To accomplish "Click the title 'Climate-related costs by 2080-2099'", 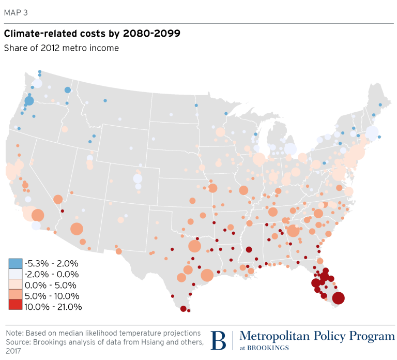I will tap(92, 34).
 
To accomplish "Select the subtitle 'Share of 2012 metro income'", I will tap(62, 48).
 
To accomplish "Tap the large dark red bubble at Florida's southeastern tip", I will tap(338, 298).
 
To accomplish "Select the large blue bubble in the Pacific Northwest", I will tap(29, 101).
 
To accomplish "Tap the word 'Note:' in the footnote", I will tap(14, 333).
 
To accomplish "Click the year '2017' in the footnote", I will tap(14, 351).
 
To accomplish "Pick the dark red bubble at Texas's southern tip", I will tap(182, 309).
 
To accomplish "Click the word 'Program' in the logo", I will tap(371, 337).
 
